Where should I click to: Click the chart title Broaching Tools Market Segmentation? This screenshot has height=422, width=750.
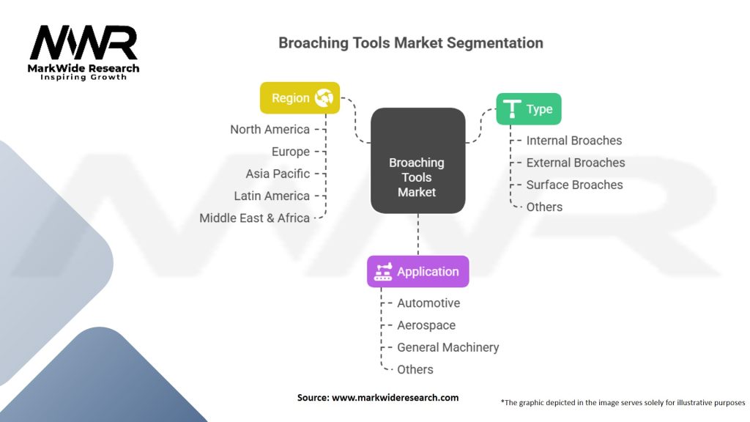tap(411, 42)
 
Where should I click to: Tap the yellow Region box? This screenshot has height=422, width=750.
tap(300, 97)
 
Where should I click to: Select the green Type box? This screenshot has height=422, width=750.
tap(529, 109)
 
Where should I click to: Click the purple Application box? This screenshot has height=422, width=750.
tap(417, 271)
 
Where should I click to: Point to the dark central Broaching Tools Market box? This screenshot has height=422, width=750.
tap(417, 161)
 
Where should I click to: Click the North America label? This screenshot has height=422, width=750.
tap(270, 129)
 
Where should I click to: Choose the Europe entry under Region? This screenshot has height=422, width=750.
tap(290, 152)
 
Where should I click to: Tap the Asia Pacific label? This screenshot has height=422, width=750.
tap(278, 174)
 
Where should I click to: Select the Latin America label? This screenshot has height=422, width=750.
tap(272, 196)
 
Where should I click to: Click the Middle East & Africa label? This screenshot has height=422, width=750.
tap(254, 218)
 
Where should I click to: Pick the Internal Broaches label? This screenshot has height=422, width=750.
tap(573, 140)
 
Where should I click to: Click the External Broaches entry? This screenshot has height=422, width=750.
tap(575, 163)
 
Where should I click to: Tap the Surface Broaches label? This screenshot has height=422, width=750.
tap(574, 185)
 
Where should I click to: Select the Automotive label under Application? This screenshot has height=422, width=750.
tap(428, 303)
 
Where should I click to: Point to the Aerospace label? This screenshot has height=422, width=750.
tap(426, 325)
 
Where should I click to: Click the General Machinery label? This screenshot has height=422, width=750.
tap(448, 347)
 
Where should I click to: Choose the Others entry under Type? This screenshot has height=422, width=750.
tap(544, 207)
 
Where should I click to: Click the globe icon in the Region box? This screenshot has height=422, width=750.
tap(324, 97)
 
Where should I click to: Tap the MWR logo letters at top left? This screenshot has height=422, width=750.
tap(83, 44)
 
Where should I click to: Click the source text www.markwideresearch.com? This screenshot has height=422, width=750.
tap(395, 397)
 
